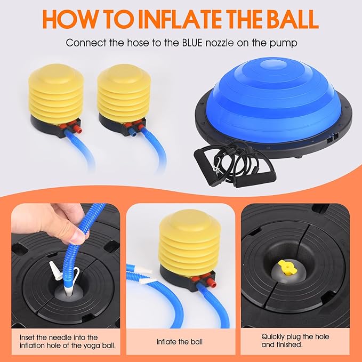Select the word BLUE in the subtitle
coord(192,43)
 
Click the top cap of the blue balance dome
coord(272,64)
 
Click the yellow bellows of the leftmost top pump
coord(56,93)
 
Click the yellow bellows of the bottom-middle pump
coord(190,240)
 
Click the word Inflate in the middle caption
coord(165,342)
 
